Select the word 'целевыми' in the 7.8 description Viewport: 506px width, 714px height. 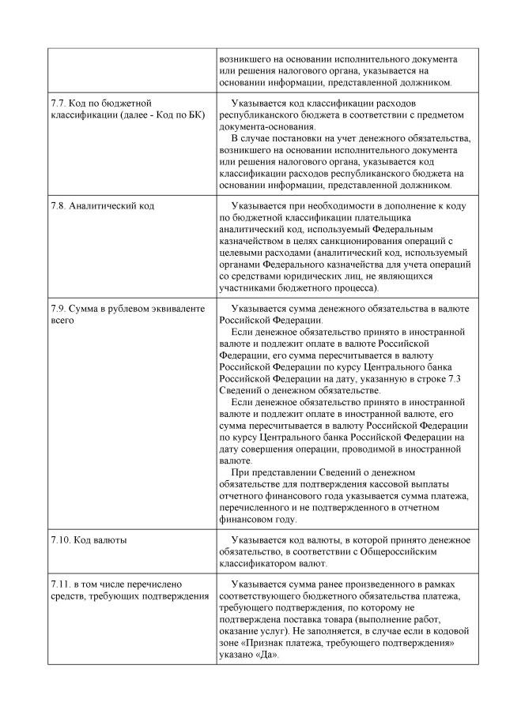click(x=241, y=258)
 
